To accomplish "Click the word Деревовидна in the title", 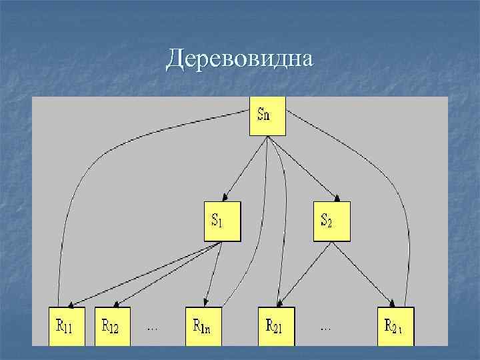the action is click(x=239, y=59).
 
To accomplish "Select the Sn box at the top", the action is click(x=267, y=117).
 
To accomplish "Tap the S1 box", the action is click(x=222, y=221).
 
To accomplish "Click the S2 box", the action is click(x=331, y=221).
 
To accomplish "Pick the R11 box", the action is click(x=67, y=326).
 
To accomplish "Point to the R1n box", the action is click(x=203, y=326).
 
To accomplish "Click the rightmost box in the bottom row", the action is click(x=395, y=326).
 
